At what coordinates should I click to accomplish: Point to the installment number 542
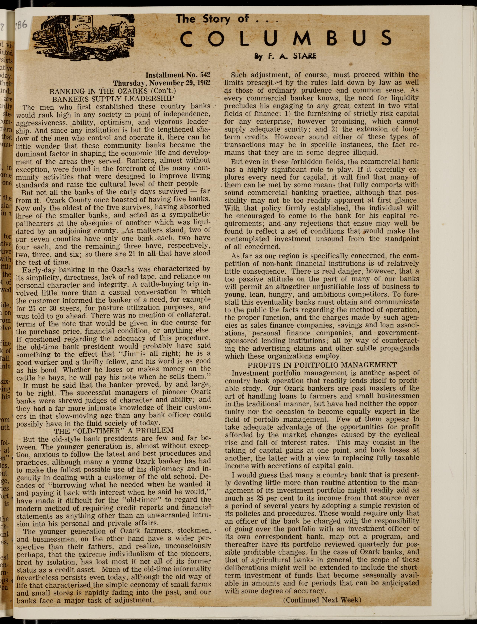click(205, 75)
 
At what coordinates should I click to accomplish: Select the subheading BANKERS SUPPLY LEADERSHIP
click(113, 99)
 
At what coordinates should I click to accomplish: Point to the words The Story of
click(212, 19)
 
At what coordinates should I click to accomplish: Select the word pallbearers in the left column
click(35, 223)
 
